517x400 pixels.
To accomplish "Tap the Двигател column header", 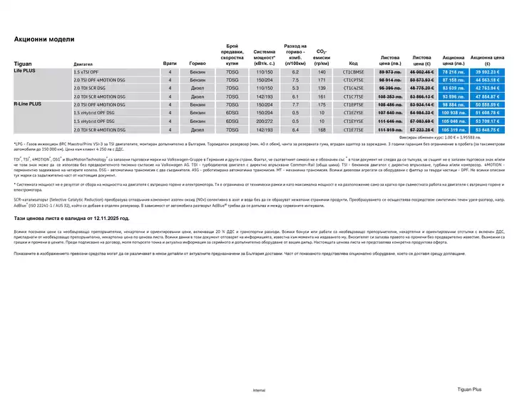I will tap(83, 64).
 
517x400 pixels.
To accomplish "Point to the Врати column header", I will tap(170, 64).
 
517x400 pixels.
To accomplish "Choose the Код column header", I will tap(352, 64).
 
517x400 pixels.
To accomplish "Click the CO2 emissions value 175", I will tap(322, 104).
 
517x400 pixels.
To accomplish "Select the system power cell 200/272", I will tap(264, 121).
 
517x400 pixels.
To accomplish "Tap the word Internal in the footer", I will tap(259, 391).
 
